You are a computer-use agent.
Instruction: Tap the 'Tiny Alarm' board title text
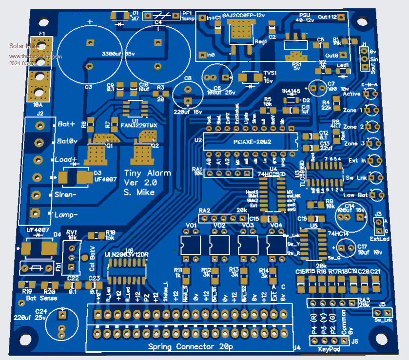tap(140, 173)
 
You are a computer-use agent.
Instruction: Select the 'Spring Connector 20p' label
tap(190, 347)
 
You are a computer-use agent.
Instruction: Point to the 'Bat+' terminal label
tap(66, 124)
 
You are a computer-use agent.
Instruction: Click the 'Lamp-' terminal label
tap(67, 215)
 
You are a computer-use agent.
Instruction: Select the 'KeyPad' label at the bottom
tap(329, 349)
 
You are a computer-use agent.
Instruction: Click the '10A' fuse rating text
tap(38, 105)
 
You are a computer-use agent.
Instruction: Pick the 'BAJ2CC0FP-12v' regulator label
tap(243, 16)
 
